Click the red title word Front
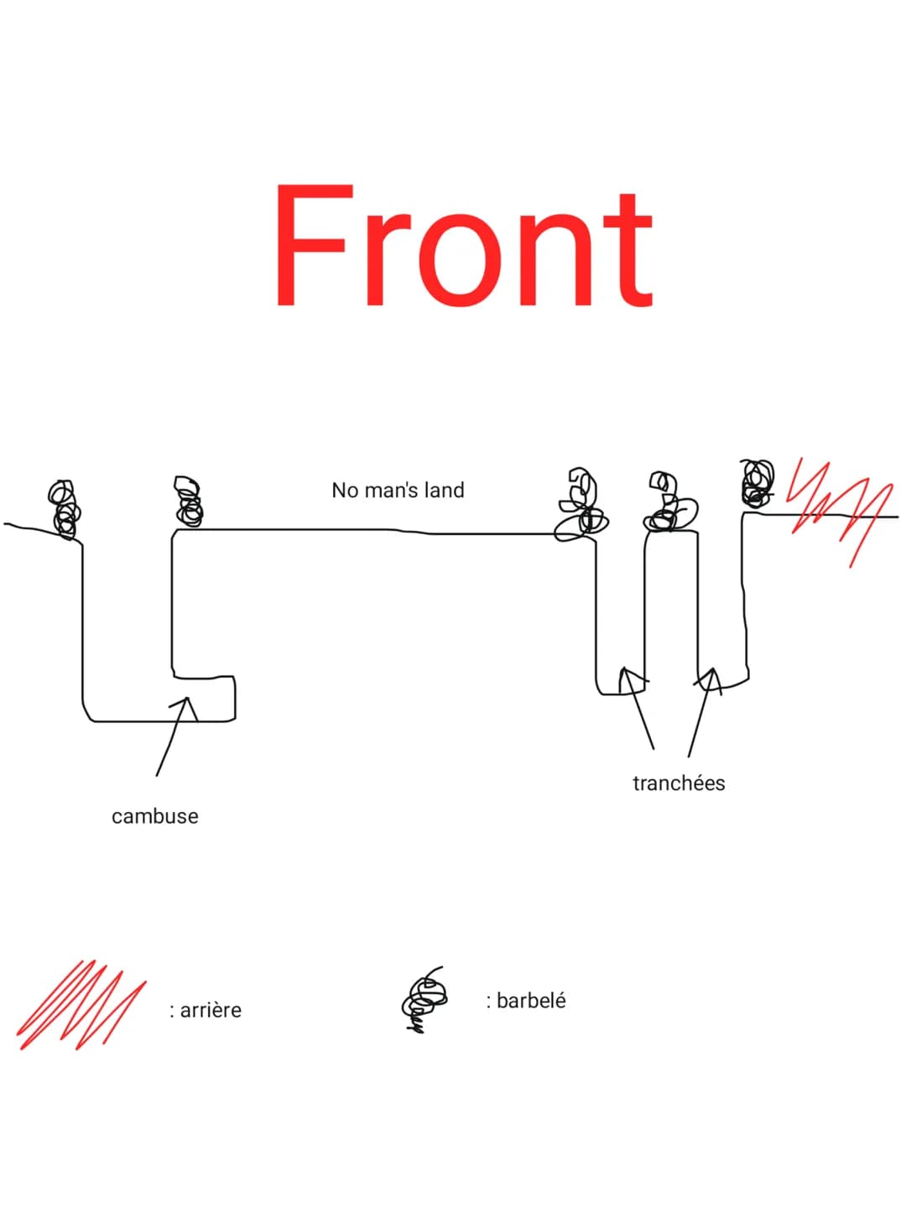click(465, 245)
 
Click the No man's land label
click(398, 490)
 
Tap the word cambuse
click(155, 817)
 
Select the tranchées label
click(679, 783)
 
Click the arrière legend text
click(206, 1010)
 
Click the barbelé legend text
click(526, 1001)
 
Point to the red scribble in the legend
click(82, 1005)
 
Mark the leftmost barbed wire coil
click(65, 510)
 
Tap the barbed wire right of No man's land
click(581, 505)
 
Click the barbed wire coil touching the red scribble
click(757, 483)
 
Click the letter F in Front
click(315, 245)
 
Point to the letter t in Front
click(629, 251)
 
